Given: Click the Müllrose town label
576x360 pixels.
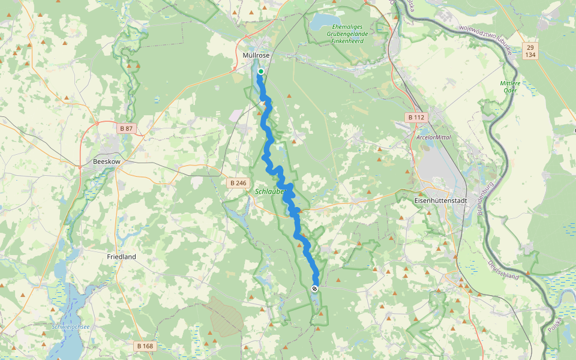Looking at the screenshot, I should [x=256, y=55].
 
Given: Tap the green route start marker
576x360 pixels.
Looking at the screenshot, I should [x=261, y=71].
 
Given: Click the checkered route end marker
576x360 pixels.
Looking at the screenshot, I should [x=314, y=289].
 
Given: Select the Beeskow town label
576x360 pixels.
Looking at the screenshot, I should [x=106, y=161].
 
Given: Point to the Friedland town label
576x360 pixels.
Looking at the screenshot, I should [x=121, y=257].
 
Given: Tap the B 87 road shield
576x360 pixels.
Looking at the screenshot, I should [x=126, y=128].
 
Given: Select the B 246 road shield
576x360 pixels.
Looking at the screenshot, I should [x=238, y=182].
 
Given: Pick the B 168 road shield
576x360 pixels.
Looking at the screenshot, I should [x=145, y=346].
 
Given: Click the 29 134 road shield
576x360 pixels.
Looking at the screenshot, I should [x=530, y=51].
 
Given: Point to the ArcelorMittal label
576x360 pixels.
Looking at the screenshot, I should [x=433, y=137].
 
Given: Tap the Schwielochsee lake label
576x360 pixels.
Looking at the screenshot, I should [x=71, y=327].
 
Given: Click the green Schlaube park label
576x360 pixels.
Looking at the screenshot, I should [x=268, y=192].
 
